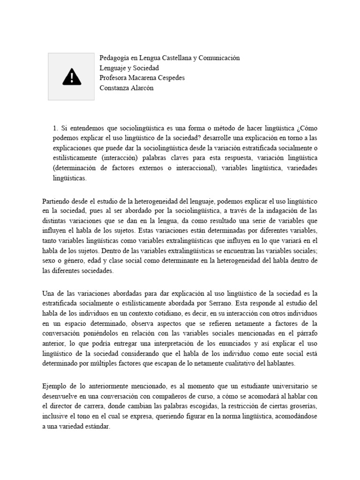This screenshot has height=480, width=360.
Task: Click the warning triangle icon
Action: coord(72,77)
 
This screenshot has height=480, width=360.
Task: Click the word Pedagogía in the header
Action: coord(114,58)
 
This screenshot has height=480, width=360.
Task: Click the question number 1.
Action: coord(55,128)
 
